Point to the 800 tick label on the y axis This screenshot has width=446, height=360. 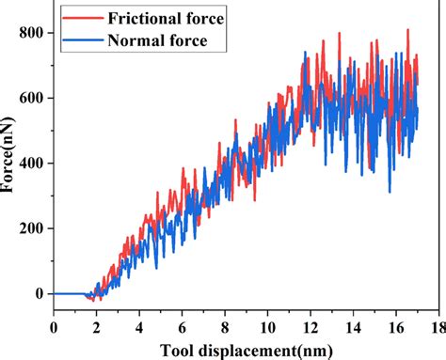point(31,33)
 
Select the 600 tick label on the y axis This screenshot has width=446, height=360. point(31,98)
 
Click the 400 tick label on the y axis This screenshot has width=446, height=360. point(31,164)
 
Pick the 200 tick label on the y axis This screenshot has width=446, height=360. point(31,228)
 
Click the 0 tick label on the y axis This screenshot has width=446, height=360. point(40,294)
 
